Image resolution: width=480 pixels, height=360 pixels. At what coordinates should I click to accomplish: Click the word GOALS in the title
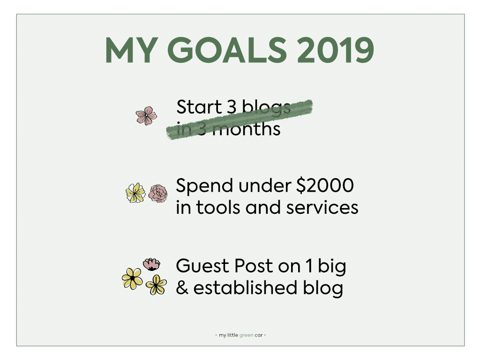point(227,50)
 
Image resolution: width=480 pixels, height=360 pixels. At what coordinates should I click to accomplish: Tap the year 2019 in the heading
point(336,50)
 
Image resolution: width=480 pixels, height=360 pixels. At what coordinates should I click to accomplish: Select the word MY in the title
point(132,50)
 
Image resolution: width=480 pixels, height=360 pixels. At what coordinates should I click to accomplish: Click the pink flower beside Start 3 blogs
point(146,115)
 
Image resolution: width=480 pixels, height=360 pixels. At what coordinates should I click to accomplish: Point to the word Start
point(199,107)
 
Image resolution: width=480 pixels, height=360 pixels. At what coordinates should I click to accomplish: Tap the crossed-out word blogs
point(266,108)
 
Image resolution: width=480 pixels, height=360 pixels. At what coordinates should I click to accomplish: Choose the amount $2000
point(325,186)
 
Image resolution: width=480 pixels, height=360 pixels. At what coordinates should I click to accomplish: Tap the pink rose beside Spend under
point(158,193)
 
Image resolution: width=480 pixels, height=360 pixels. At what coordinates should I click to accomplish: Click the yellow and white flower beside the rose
point(135,193)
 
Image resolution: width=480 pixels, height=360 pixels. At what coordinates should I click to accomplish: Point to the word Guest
point(203,265)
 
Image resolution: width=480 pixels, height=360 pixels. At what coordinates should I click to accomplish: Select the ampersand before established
point(182,288)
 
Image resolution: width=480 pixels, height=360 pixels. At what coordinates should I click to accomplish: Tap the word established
point(245,288)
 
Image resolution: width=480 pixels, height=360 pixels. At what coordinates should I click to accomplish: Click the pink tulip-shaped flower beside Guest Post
point(151,264)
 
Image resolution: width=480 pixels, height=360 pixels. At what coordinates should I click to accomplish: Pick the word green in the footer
point(246,335)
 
